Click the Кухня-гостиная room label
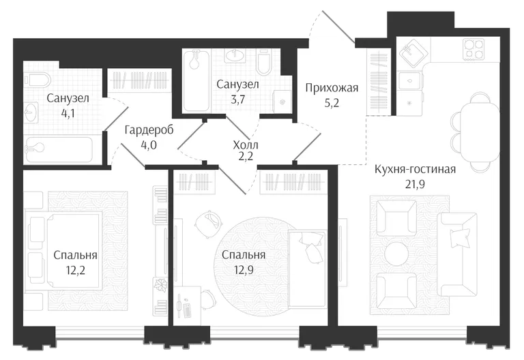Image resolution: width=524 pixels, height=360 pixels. (415, 169)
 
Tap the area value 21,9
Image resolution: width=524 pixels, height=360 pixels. (415, 183)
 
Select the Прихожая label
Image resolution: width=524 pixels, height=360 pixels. (332, 88)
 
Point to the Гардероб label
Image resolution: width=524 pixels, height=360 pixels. (149, 130)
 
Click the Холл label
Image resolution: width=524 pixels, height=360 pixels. (246, 145)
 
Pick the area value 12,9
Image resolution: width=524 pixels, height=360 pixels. (244, 269)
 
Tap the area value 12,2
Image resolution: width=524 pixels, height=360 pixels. (75, 270)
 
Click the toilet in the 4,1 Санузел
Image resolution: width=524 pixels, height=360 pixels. (38, 80)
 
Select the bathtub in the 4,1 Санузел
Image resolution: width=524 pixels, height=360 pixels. (58, 150)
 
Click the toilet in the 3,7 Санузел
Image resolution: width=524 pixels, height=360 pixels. (264, 63)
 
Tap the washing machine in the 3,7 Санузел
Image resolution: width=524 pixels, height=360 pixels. (282, 102)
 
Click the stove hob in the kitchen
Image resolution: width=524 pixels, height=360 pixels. (474, 49)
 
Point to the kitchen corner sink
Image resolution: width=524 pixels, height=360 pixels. (413, 52)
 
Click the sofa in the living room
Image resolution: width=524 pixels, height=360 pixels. (457, 254)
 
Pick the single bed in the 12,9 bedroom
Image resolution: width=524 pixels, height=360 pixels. (307, 269)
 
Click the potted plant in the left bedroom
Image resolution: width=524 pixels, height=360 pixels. (160, 285)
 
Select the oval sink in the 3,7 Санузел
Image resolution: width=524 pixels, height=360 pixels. (236, 56)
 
